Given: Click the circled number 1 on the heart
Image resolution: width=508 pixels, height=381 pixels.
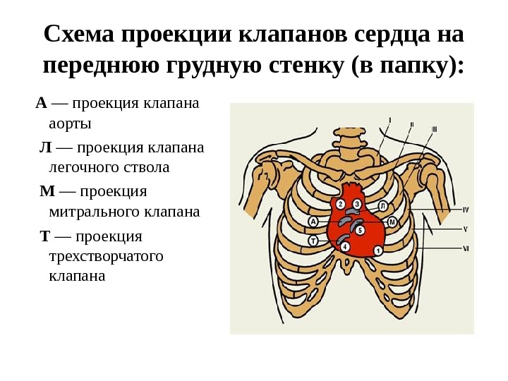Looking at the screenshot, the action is [378, 250].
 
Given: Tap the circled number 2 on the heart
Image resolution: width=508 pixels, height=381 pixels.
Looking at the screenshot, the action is [340, 204].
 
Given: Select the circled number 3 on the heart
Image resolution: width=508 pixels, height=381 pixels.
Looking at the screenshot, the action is [357, 204].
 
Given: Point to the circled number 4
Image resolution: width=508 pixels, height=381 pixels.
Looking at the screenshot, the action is [344, 246].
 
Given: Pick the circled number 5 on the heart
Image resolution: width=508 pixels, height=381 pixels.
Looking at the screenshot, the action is [360, 230].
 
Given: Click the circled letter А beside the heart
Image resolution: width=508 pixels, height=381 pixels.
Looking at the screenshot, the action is [313, 222].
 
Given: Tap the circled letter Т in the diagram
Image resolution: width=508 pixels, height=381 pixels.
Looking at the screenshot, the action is [313, 240].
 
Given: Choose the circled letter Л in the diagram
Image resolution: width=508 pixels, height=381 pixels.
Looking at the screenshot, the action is [382, 206].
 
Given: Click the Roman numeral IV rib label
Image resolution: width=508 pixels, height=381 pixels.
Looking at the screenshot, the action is [466, 210].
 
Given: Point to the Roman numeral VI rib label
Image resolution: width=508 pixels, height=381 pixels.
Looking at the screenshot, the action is [466, 248].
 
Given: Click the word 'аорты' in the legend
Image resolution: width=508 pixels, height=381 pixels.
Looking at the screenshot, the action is [71, 124].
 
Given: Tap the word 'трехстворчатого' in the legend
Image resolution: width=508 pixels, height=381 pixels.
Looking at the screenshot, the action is [106, 255].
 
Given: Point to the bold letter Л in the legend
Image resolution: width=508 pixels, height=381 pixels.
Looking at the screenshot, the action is [45, 148].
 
